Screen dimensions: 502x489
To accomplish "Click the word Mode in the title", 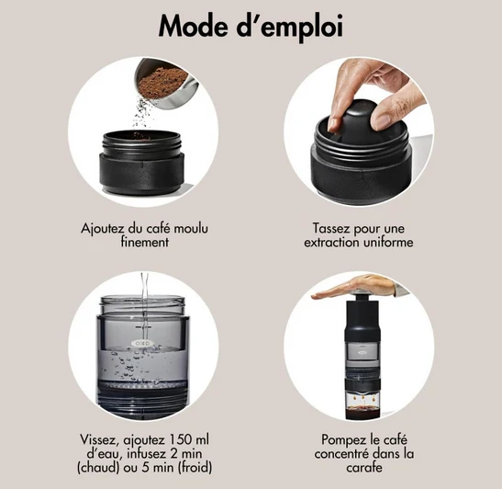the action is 193,27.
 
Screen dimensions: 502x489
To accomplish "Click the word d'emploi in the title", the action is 290,28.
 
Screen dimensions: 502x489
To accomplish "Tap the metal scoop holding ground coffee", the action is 165,84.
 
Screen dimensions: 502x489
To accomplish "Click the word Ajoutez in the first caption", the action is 103,229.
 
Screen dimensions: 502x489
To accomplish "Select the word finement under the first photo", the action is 145,242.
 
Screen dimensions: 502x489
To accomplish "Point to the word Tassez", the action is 331,229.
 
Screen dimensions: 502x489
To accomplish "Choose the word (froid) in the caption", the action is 195,468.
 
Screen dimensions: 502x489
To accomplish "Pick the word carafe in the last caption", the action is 364,468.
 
